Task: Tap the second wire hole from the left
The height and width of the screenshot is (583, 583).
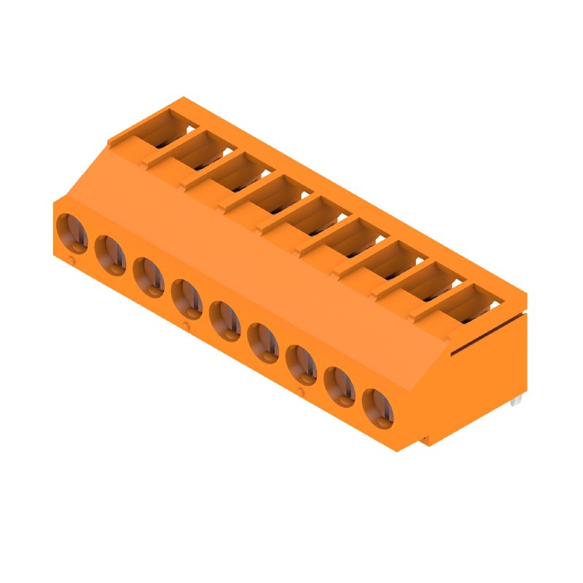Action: click(x=110, y=255)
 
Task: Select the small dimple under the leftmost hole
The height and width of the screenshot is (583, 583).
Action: click(x=71, y=260)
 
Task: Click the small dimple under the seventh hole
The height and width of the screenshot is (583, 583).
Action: click(x=301, y=392)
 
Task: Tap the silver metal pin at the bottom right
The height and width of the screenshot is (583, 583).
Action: click(x=517, y=401)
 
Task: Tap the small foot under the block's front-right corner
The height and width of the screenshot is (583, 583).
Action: click(x=425, y=441)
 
